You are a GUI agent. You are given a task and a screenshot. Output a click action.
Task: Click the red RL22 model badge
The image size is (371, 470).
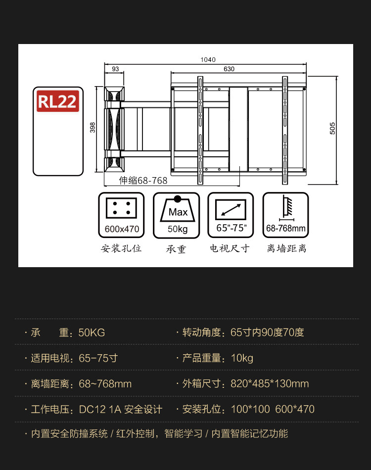tap(58, 101)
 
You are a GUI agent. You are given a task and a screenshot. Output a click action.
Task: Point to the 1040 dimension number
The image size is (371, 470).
tap(208, 60)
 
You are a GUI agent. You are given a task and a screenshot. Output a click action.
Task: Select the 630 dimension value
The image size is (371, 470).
tap(229, 69)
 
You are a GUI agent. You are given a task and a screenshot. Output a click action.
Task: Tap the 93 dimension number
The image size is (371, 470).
tap(115, 69)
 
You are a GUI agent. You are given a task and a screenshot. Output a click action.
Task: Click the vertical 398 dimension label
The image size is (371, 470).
tap(93, 128)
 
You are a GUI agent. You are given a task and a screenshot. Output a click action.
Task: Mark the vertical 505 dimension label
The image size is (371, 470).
tap(332, 128)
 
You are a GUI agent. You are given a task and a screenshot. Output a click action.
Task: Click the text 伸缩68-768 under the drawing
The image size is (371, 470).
tap(143, 181)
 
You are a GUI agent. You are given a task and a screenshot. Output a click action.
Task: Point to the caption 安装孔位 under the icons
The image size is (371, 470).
tap(122, 248)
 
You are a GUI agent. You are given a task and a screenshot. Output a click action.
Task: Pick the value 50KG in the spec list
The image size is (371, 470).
tap(92, 332)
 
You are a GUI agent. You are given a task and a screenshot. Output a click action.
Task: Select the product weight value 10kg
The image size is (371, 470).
tap(242, 358)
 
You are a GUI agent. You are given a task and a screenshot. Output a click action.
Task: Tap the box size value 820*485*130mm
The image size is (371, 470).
tap(270, 384)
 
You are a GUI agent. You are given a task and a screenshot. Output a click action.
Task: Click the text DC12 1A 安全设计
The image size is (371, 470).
tap(121, 410)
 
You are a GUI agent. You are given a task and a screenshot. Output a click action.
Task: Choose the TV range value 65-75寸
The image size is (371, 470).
tap(98, 358)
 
